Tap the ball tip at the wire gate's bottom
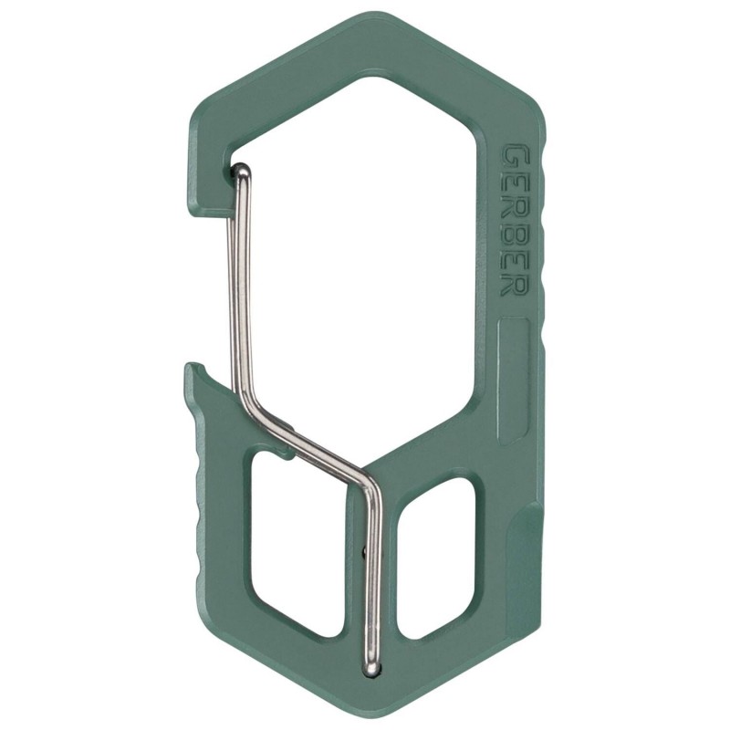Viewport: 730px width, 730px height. [x=370, y=669]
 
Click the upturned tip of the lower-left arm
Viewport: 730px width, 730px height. [x=192, y=369]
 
